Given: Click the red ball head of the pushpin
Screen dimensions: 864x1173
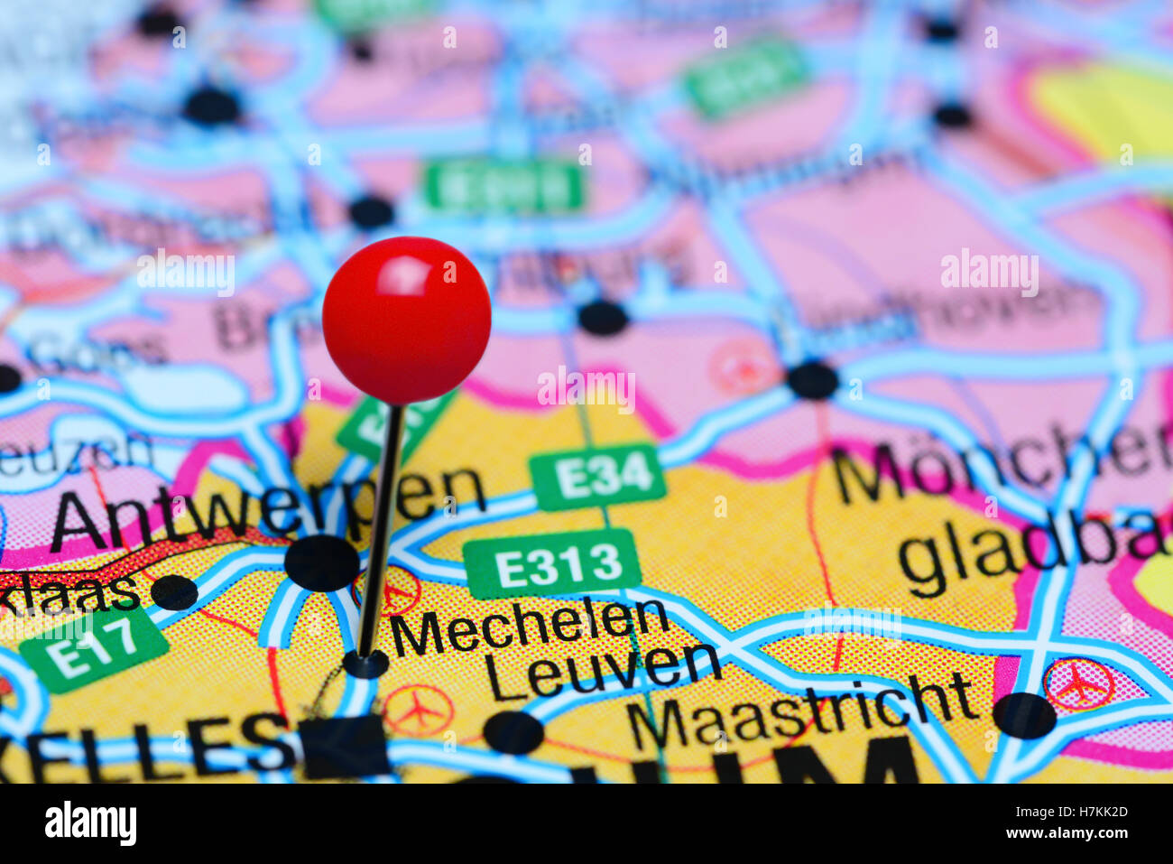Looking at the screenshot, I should (406, 320).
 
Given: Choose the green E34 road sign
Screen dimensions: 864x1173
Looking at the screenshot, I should (598, 477).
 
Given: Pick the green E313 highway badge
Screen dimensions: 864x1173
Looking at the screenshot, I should (551, 564).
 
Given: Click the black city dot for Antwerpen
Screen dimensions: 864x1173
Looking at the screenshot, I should (321, 562).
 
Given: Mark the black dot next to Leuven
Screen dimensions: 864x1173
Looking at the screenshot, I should (513, 731).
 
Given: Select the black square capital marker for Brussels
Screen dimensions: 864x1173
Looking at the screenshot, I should (345, 746).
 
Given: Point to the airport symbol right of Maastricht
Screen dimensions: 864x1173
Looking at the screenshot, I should (1078, 683).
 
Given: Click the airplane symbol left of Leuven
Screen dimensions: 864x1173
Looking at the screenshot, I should (418, 711).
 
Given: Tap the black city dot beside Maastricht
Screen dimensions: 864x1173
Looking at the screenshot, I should (1024, 715).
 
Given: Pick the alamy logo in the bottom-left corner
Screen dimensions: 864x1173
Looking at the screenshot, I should (90, 823).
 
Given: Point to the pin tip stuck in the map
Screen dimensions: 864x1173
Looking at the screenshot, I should (365, 662).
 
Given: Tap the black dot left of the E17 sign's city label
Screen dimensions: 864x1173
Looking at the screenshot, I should (174, 592).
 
